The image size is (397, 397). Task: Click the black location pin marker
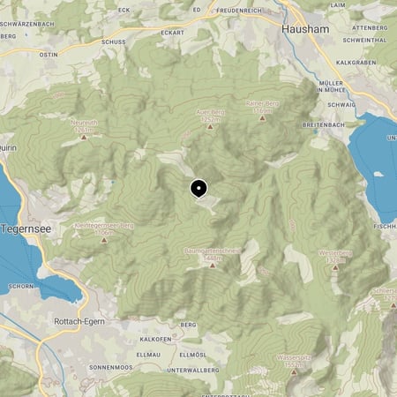[198, 188]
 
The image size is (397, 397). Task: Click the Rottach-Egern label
[79, 321]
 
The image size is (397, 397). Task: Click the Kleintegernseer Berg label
[103, 225]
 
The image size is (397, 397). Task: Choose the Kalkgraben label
[357, 63]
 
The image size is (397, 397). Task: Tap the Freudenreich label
[238, 11]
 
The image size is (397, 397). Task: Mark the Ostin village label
[48, 53]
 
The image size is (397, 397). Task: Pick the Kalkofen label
[154, 339]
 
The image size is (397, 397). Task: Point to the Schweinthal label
[367, 40]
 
